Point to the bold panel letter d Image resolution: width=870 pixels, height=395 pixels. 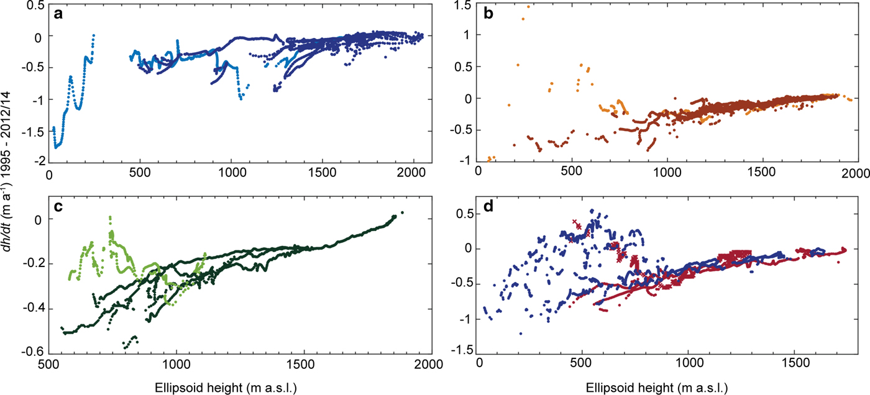pos(487,207)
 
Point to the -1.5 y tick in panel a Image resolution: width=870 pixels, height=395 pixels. pos(33,131)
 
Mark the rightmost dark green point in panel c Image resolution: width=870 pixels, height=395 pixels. pos(402,212)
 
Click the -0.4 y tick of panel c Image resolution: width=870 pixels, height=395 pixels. pos(33,309)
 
